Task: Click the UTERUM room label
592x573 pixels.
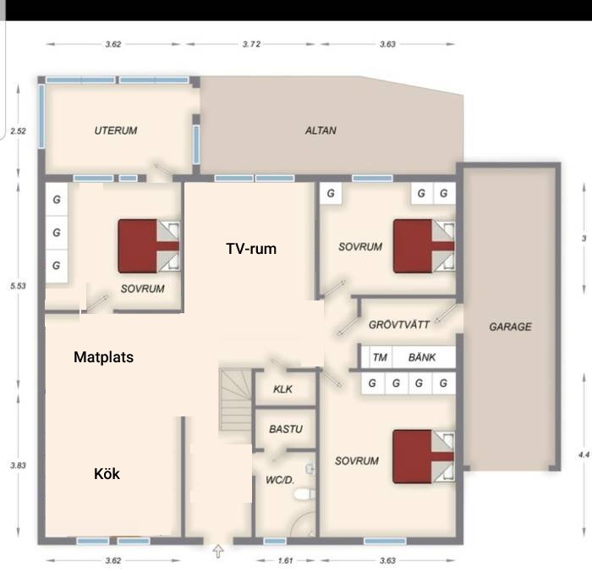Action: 116,130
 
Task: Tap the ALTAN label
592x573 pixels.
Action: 321,130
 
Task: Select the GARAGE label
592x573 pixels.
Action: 511,327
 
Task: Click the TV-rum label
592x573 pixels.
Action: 251,249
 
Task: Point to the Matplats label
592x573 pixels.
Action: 103,357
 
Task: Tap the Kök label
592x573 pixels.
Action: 107,474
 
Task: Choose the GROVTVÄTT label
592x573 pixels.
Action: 399,325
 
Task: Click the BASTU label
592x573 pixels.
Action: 286,429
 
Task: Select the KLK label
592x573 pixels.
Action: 282,389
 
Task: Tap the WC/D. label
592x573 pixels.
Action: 280,480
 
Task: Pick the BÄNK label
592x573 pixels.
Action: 422,357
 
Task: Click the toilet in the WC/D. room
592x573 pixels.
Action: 304,493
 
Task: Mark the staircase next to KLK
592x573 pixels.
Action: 236,399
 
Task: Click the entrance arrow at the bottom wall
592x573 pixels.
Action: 218,551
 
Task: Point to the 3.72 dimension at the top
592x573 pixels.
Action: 251,44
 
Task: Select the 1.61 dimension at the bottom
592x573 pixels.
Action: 286,560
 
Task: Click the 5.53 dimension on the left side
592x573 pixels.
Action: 18,286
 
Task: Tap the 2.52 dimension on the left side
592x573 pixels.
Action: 18,131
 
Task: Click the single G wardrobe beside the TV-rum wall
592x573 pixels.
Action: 331,193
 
